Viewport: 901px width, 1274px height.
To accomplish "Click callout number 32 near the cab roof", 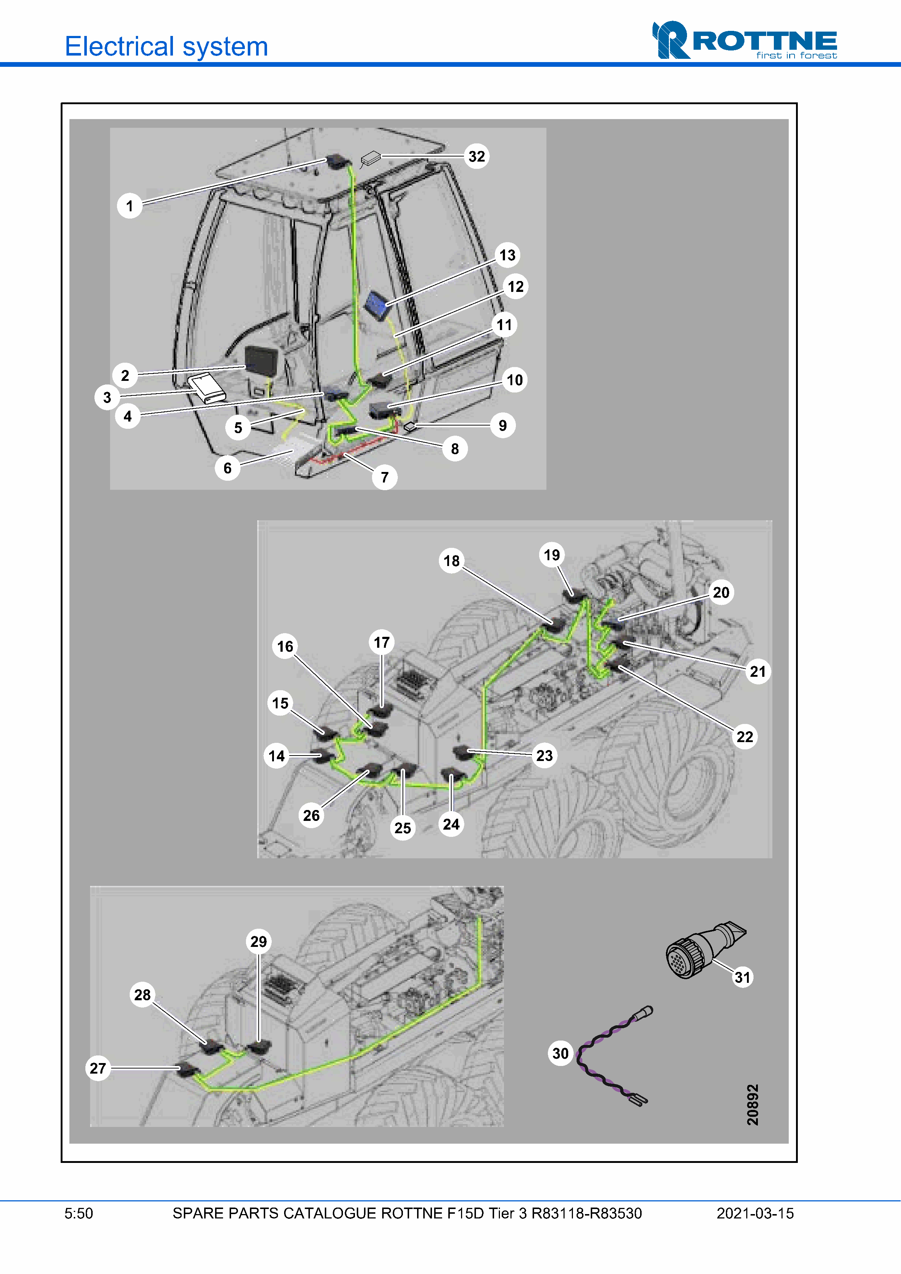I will pos(476,156).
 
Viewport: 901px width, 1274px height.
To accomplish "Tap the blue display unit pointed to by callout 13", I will pos(377,305).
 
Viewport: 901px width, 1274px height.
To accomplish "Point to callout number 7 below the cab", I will pos(384,477).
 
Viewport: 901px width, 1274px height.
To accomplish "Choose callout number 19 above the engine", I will pos(551,555).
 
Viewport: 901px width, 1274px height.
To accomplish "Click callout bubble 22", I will pos(744,737).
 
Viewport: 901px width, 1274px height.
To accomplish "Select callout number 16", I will pos(285,646).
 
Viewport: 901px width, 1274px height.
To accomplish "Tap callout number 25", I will pos(403,828).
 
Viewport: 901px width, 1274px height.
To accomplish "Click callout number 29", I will pos(259,942).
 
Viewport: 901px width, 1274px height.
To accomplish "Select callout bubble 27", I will pos(98,1068).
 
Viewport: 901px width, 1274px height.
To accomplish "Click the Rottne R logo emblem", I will pos(671,40).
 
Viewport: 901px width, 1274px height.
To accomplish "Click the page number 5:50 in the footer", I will pos(78,1213).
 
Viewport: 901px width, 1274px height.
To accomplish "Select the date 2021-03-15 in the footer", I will pos(755,1213).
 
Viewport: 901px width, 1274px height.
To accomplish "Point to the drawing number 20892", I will pos(752,1104).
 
